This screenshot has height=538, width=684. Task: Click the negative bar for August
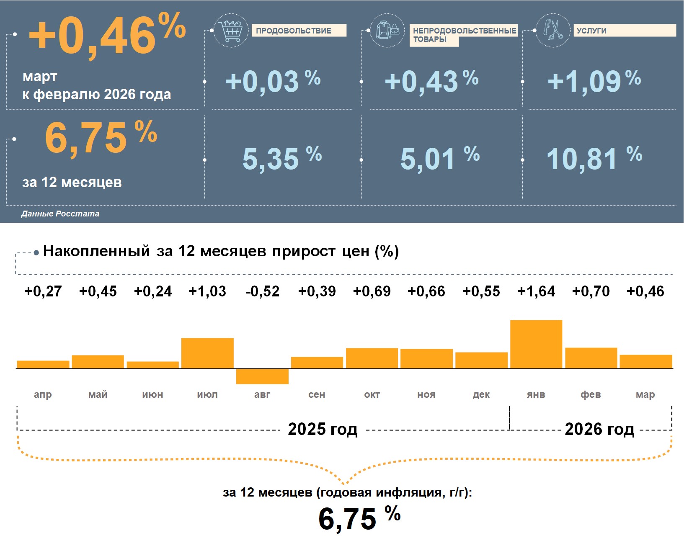(262, 376)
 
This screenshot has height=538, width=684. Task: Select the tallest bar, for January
(536, 344)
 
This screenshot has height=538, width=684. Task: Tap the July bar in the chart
(207, 353)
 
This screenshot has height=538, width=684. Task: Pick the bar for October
(372, 358)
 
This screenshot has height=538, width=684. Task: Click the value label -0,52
(262, 291)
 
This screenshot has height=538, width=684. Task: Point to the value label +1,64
(536, 291)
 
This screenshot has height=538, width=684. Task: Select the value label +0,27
(43, 291)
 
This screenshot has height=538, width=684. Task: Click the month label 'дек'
(481, 394)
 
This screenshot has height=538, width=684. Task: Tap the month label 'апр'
(43, 394)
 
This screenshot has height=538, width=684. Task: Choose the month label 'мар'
(645, 394)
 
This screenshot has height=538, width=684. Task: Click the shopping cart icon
(231, 30)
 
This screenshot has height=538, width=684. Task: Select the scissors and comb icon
(553, 30)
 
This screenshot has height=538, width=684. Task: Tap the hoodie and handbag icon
(387, 30)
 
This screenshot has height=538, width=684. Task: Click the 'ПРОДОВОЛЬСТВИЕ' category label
(299, 31)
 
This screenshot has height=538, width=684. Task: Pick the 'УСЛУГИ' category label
(624, 31)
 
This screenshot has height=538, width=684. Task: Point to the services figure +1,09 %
(594, 81)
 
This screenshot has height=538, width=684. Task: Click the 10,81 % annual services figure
(594, 158)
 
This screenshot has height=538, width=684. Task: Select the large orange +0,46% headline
(107, 36)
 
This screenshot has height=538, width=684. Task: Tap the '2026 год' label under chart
(599, 429)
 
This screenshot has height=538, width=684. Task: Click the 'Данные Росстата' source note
(60, 214)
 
